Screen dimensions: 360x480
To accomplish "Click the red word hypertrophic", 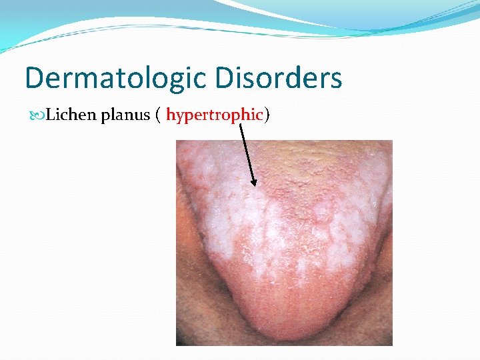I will click(x=215, y=115).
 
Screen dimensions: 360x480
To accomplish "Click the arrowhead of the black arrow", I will click(x=254, y=184).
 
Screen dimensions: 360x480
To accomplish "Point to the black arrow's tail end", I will click(x=239, y=123).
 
